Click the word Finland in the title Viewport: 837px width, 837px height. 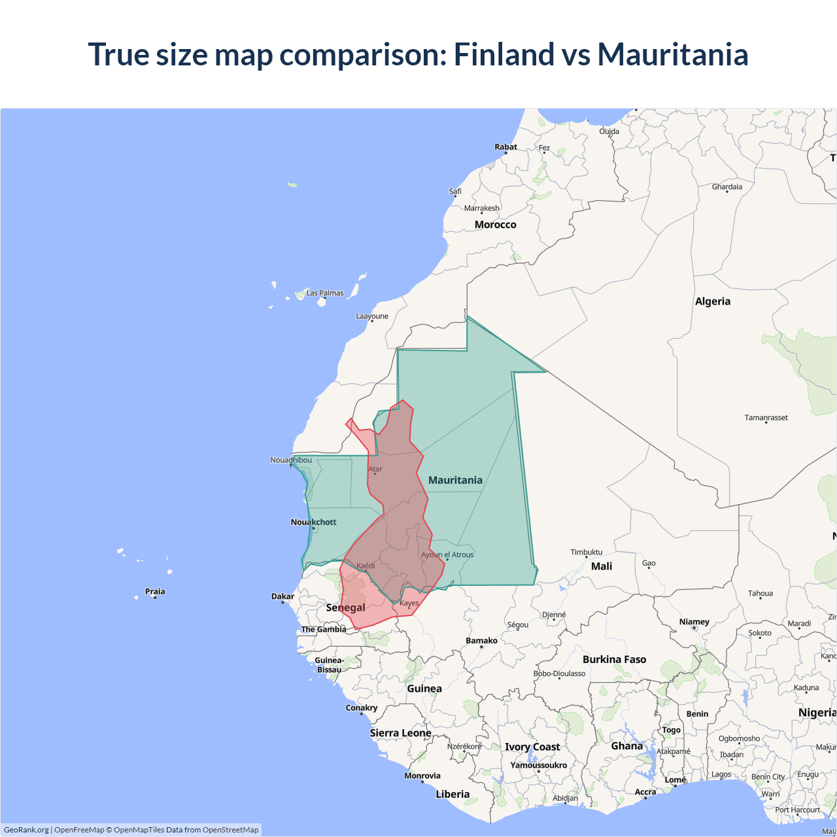pos(504,54)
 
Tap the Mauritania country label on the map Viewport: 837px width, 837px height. pos(455,480)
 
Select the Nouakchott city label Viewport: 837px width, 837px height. pos(314,522)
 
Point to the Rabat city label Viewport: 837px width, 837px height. pos(505,147)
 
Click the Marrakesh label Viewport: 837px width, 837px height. pos(482,208)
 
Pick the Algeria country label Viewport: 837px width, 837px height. pos(713,301)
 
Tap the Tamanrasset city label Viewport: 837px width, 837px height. pos(766,417)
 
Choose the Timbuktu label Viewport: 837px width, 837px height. pos(587,552)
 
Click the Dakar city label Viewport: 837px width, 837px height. pos(282,596)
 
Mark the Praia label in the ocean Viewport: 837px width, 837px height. pos(155,591)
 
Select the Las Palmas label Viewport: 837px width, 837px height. pos(325,293)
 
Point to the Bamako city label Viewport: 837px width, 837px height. pos(482,641)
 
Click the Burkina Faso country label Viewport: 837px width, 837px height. pos(614,659)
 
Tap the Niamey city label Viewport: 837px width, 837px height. pos(694,622)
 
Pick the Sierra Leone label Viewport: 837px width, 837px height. pos(400,733)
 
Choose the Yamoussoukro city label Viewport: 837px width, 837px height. pos(539,765)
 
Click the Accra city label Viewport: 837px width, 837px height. pos(645,792)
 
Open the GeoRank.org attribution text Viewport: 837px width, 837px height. pos(26,830)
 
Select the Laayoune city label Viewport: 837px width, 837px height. pos(372,316)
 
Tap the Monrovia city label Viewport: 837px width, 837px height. pos(422,776)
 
